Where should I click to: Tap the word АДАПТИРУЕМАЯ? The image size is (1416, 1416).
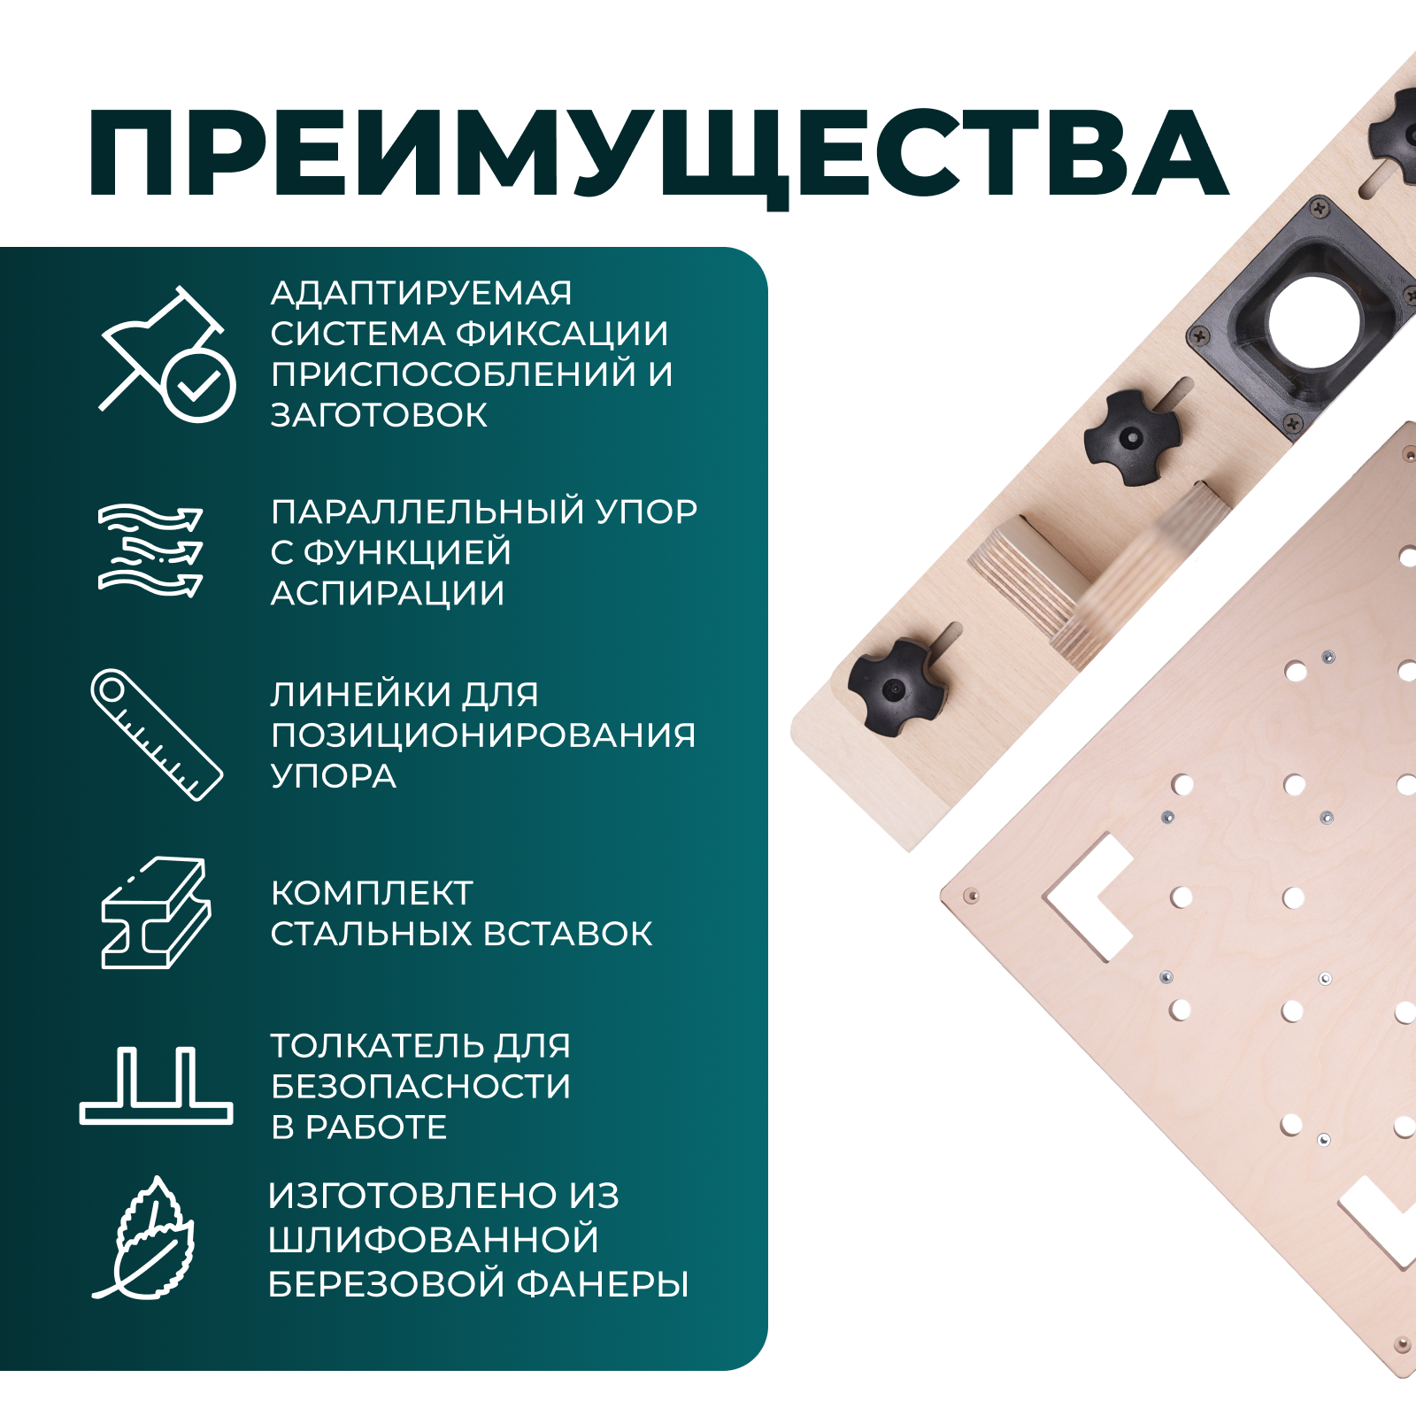[421, 293]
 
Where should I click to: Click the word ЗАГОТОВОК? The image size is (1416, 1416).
[379, 415]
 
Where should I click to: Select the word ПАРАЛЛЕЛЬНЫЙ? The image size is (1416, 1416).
[427, 512]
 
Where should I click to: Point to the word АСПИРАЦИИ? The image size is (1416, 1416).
[388, 594]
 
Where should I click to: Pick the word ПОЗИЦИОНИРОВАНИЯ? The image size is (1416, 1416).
[483, 735]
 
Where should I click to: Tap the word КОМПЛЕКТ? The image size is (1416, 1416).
[372, 893]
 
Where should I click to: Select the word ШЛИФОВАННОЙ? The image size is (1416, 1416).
[434, 1240]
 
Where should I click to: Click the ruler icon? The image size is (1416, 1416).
[157, 735]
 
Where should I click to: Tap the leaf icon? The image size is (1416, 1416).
[146, 1239]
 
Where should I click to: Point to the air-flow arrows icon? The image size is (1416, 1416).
[150, 550]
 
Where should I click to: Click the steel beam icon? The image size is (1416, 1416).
[156, 912]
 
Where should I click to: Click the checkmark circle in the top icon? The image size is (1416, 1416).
[199, 385]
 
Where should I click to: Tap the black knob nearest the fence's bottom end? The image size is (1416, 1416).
[894, 687]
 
